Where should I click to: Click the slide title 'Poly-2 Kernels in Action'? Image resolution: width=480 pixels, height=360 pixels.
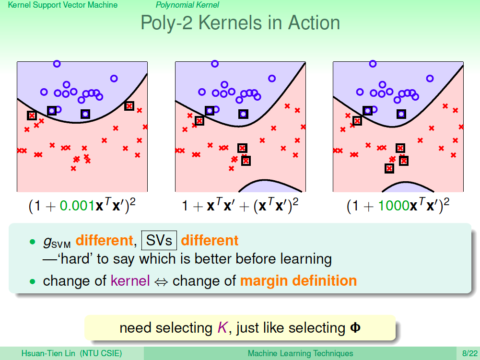click(x=240, y=23)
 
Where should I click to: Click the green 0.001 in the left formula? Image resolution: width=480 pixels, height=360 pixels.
click(x=77, y=206)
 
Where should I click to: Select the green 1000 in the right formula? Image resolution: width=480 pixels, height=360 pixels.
click(x=394, y=206)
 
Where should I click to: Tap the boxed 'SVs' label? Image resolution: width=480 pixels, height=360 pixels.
click(x=159, y=240)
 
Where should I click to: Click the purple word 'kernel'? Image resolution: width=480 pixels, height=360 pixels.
click(x=130, y=281)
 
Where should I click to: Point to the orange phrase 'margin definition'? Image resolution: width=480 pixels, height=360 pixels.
click(x=298, y=281)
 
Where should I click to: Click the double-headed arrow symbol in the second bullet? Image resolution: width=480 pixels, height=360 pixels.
click(x=161, y=282)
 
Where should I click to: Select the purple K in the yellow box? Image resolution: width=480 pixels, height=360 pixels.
click(x=222, y=328)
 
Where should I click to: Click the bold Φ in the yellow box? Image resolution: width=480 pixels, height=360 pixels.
click(x=355, y=328)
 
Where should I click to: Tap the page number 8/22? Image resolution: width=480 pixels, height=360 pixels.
click(x=470, y=354)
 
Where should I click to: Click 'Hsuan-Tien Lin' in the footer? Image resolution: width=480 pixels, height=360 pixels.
click(x=48, y=354)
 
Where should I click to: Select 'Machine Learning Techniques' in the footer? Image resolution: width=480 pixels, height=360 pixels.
click(x=300, y=354)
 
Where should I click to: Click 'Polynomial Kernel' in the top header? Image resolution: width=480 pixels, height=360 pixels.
click(x=187, y=5)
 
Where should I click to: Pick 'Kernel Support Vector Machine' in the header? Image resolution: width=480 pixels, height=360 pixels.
click(x=63, y=5)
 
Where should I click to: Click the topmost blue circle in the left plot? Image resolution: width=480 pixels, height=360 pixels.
click(x=57, y=64)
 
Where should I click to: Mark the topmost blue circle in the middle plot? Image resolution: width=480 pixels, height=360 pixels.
click(x=215, y=64)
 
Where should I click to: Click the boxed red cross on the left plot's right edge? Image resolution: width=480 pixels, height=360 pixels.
click(x=129, y=106)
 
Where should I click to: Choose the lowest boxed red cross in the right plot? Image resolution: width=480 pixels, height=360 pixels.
click(x=389, y=168)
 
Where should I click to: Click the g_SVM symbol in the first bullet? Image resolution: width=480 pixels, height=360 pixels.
click(x=57, y=242)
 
